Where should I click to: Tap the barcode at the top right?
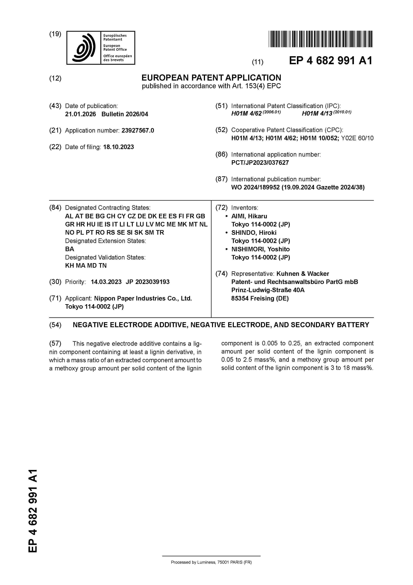pyautogui.click(x=320, y=39)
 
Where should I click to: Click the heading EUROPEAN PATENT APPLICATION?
pyautogui.click(x=211, y=78)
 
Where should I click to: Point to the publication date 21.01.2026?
pyautogui.click(x=80, y=114)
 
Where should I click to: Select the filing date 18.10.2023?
pyautogui.click(x=118, y=147)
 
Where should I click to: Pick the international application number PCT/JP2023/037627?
pyautogui.click(x=260, y=163)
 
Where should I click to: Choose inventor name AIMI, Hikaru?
pyautogui.click(x=249, y=216)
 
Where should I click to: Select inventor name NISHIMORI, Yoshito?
pyautogui.click(x=260, y=249)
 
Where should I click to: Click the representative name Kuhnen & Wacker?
pyautogui.click(x=303, y=274)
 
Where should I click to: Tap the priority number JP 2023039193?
pyautogui.click(x=148, y=282)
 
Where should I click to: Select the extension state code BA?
pyautogui.click(x=69, y=249)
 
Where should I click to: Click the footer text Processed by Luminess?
pyautogui.click(x=211, y=562)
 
